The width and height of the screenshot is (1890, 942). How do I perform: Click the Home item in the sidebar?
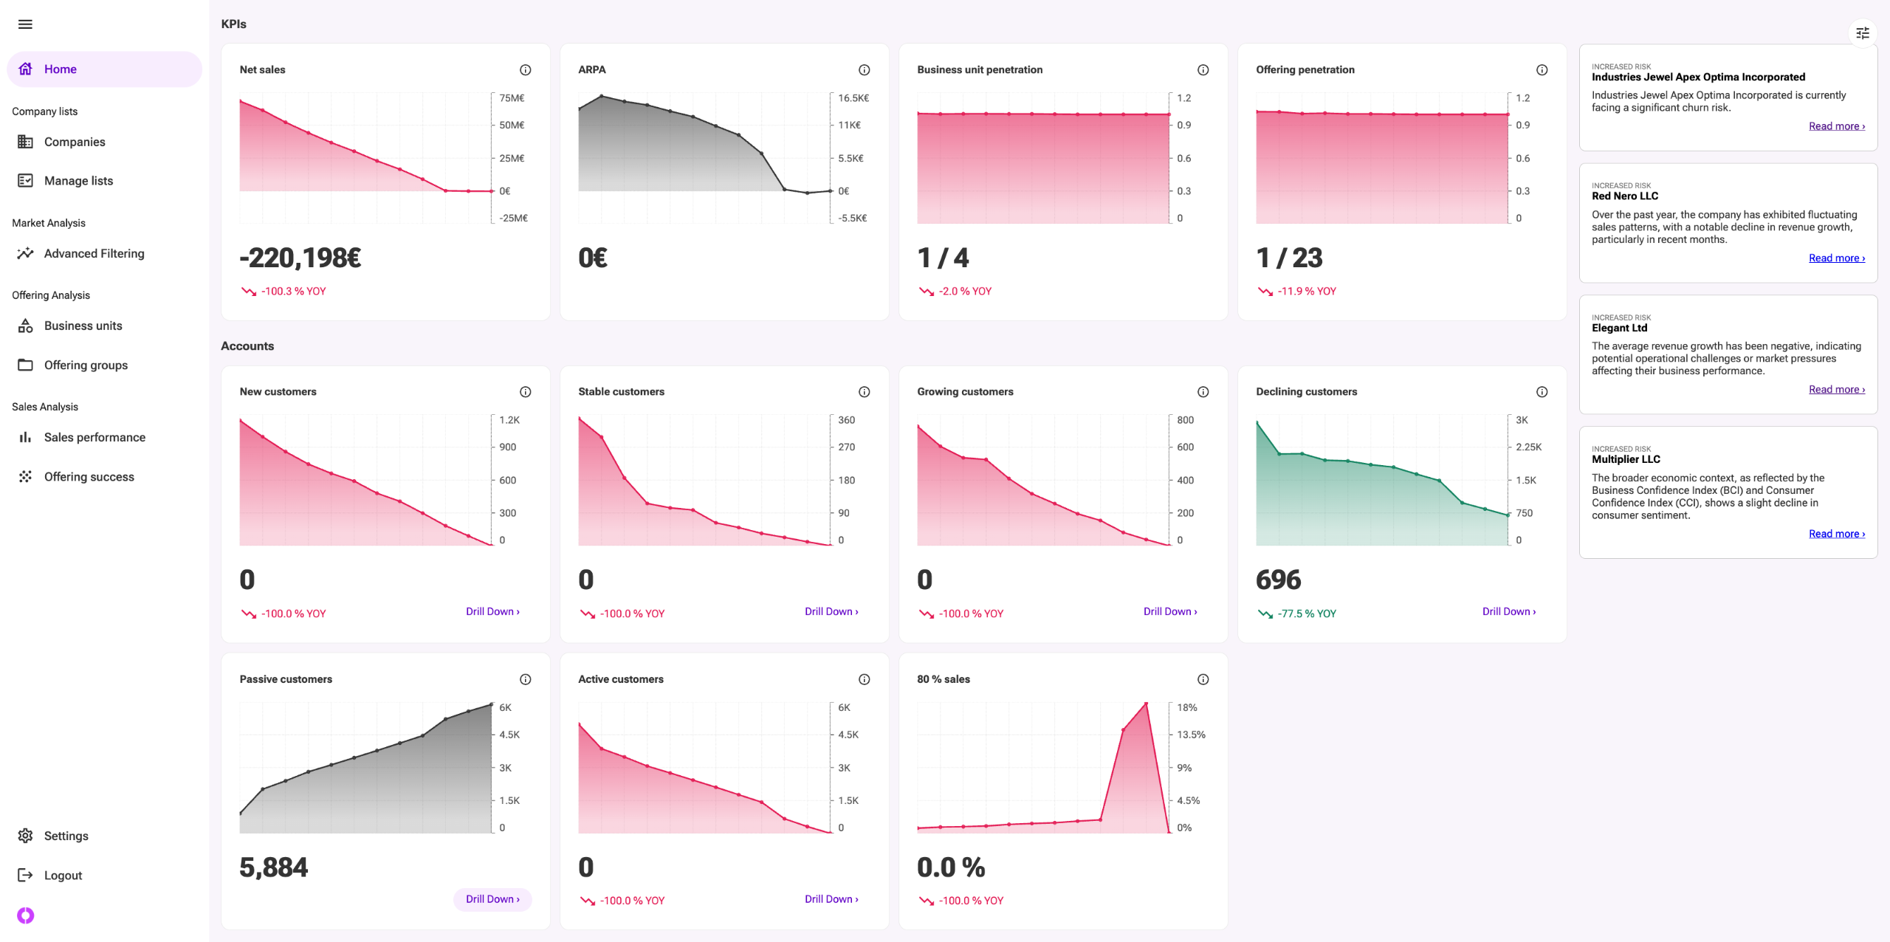tap(60, 69)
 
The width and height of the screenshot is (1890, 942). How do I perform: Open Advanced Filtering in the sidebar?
tap(94, 253)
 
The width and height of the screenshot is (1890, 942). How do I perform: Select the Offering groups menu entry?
tap(86, 365)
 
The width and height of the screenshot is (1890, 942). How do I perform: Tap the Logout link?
tap(63, 876)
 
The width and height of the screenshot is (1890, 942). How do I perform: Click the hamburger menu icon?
tap(25, 24)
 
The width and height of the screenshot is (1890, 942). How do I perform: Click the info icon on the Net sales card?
tap(525, 70)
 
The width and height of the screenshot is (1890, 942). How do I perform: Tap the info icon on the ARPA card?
tap(864, 70)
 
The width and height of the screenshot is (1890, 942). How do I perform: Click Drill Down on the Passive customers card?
tap(492, 899)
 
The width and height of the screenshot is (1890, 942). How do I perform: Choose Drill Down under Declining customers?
tap(1508, 611)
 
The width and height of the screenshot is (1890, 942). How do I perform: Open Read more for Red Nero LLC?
tap(1836, 258)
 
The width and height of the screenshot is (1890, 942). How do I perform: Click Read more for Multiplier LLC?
tap(1836, 534)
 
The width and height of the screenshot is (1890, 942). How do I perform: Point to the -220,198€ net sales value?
tap(300, 258)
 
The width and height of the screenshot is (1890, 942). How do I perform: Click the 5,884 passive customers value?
tap(273, 867)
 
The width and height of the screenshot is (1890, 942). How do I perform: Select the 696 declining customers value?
tap(1278, 580)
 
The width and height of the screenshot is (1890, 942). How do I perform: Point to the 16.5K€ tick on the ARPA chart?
tap(853, 98)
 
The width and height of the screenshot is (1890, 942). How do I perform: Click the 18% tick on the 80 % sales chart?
tap(1186, 708)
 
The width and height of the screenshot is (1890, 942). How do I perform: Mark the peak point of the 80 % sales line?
tap(1146, 703)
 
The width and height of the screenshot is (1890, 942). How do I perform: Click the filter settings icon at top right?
tap(1862, 33)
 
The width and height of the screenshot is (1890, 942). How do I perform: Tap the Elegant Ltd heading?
tap(1619, 328)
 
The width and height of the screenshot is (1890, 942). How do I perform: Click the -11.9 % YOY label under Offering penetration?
tap(1306, 292)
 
